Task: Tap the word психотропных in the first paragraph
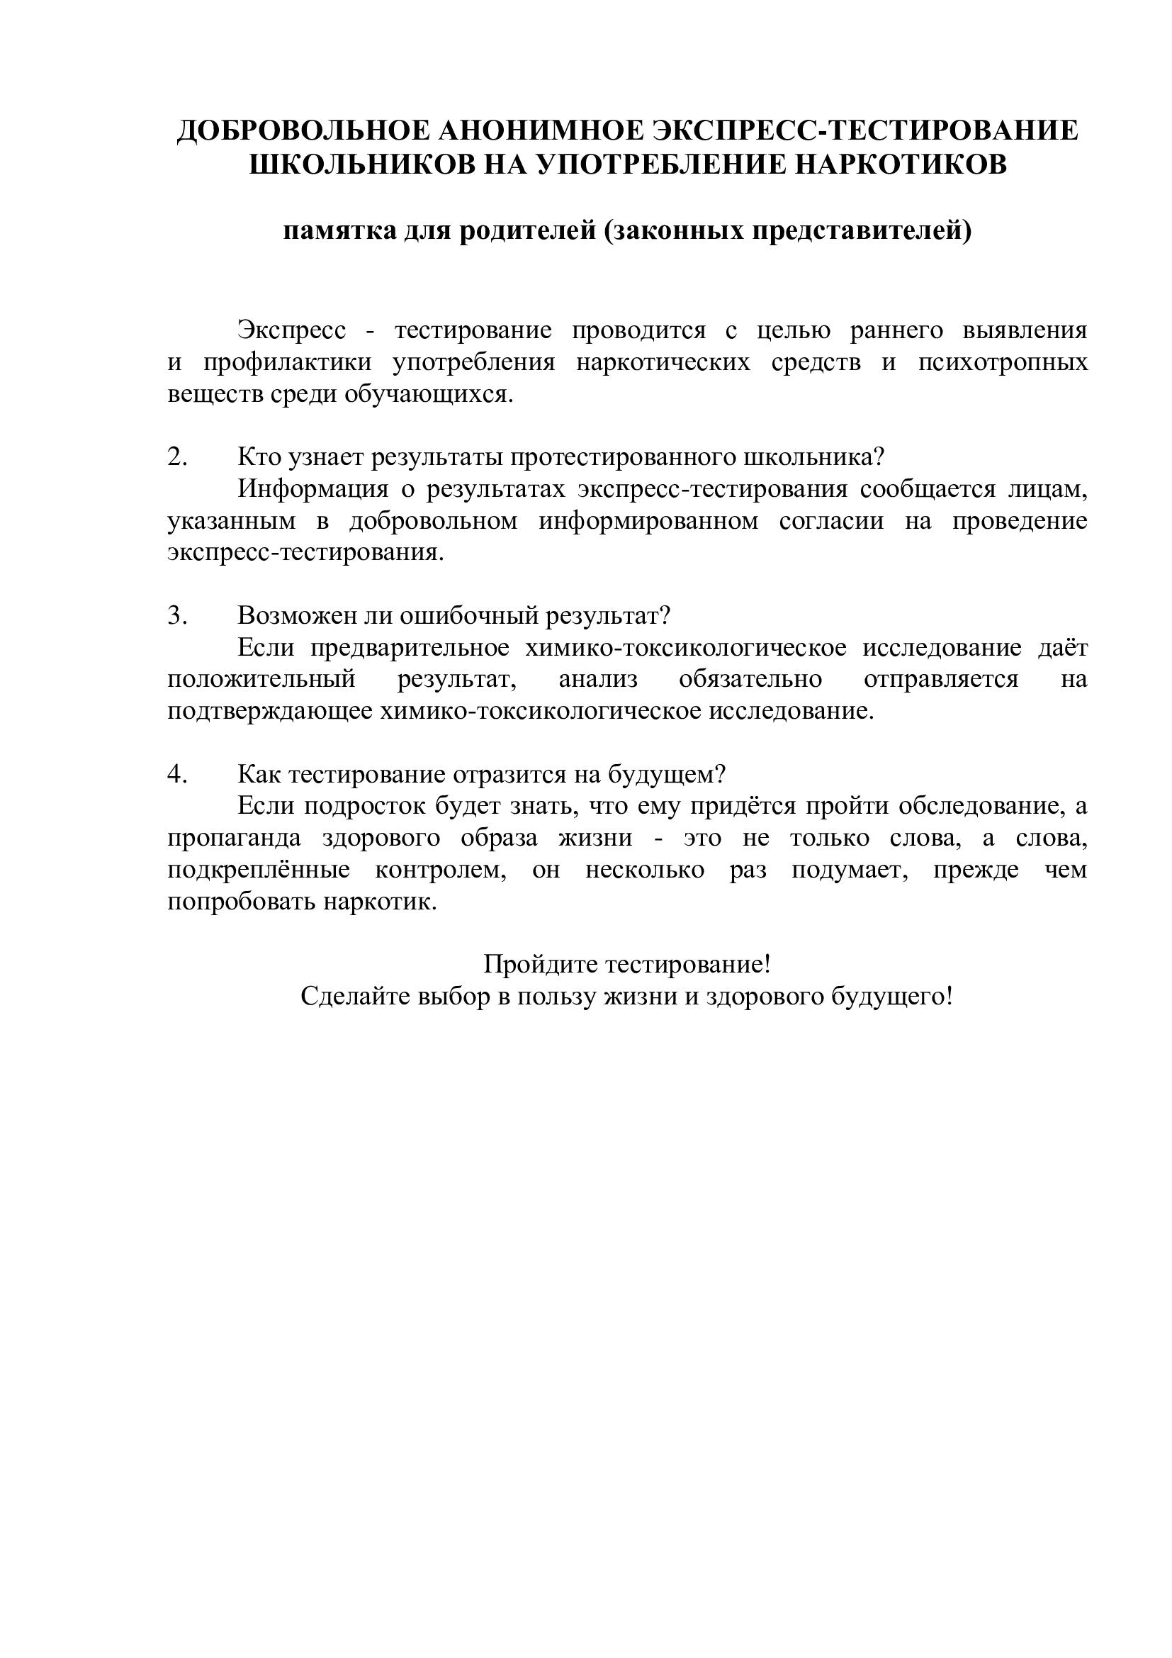(1003, 361)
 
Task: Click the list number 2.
(178, 457)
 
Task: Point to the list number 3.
(178, 615)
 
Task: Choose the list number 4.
(178, 774)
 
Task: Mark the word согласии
(831, 521)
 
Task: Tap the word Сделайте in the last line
(354, 997)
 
